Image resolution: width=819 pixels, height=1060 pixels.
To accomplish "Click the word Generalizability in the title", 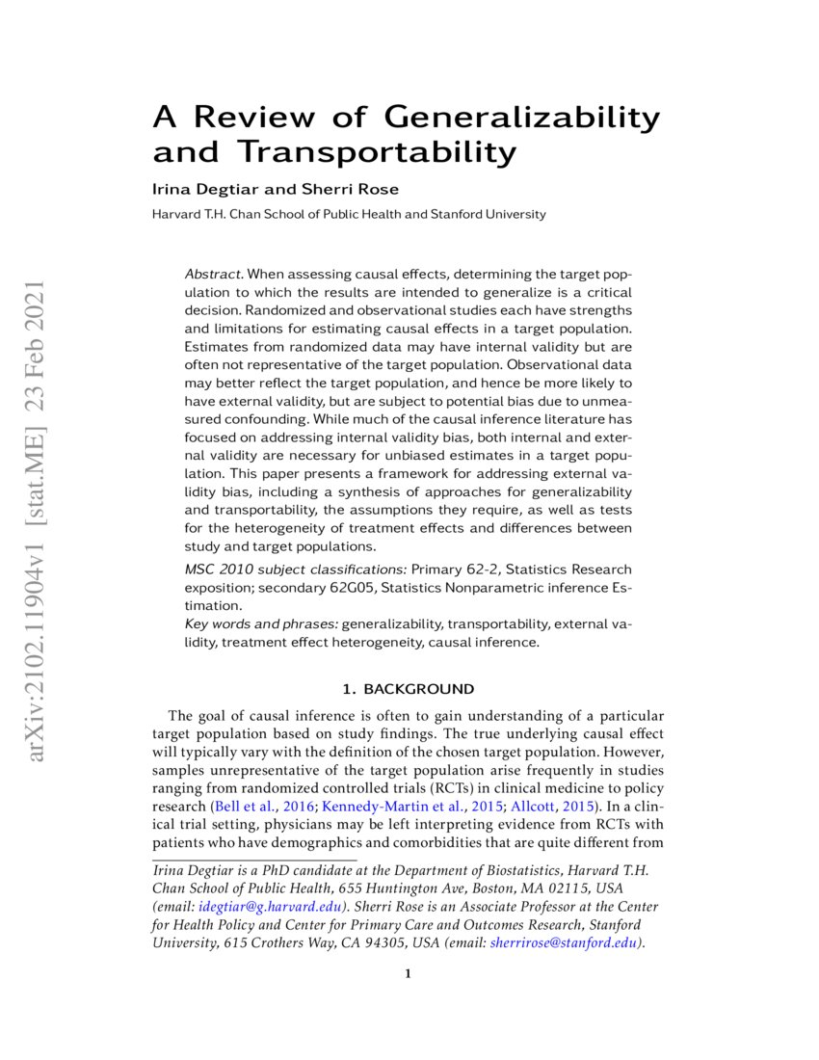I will click(x=522, y=118).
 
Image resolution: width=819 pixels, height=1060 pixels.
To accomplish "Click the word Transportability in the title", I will click(x=377, y=152).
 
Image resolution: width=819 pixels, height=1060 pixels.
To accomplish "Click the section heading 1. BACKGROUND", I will click(x=409, y=689).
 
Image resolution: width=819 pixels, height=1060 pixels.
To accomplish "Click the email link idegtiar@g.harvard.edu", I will click(x=271, y=907).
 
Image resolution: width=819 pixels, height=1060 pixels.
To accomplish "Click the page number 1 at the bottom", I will click(x=409, y=973).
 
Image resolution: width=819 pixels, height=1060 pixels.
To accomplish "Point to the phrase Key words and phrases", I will click(x=260, y=624).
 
